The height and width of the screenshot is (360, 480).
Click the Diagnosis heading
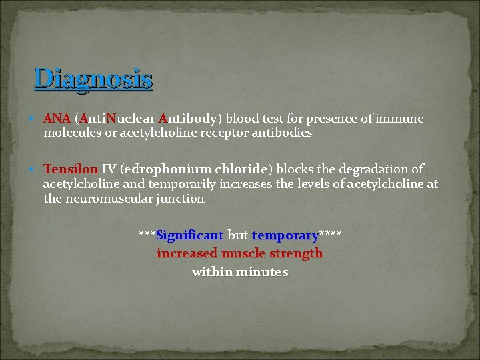(x=93, y=79)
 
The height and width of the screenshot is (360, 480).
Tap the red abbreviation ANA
(x=57, y=119)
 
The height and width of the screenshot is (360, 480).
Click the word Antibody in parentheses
(x=186, y=119)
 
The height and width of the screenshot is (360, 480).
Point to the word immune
(x=400, y=119)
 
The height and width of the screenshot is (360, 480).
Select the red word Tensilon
(x=71, y=169)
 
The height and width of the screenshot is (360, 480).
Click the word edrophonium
(x=167, y=169)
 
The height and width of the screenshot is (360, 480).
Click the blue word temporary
(x=285, y=235)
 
